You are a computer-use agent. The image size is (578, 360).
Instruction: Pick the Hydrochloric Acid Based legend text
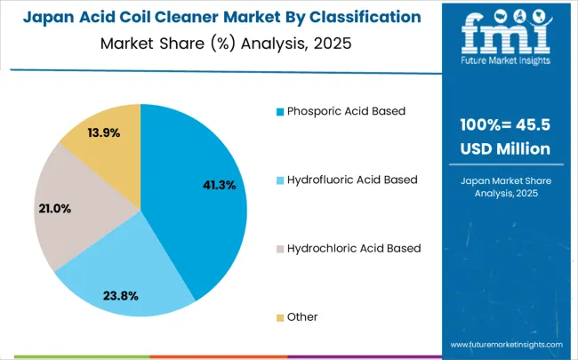[x=353, y=248]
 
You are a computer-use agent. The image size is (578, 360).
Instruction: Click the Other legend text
[x=302, y=316]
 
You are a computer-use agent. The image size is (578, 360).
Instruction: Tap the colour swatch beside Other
[x=280, y=317]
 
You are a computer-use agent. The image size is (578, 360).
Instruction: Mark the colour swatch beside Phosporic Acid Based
[x=280, y=112]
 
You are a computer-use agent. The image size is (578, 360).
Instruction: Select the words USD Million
[x=505, y=148]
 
